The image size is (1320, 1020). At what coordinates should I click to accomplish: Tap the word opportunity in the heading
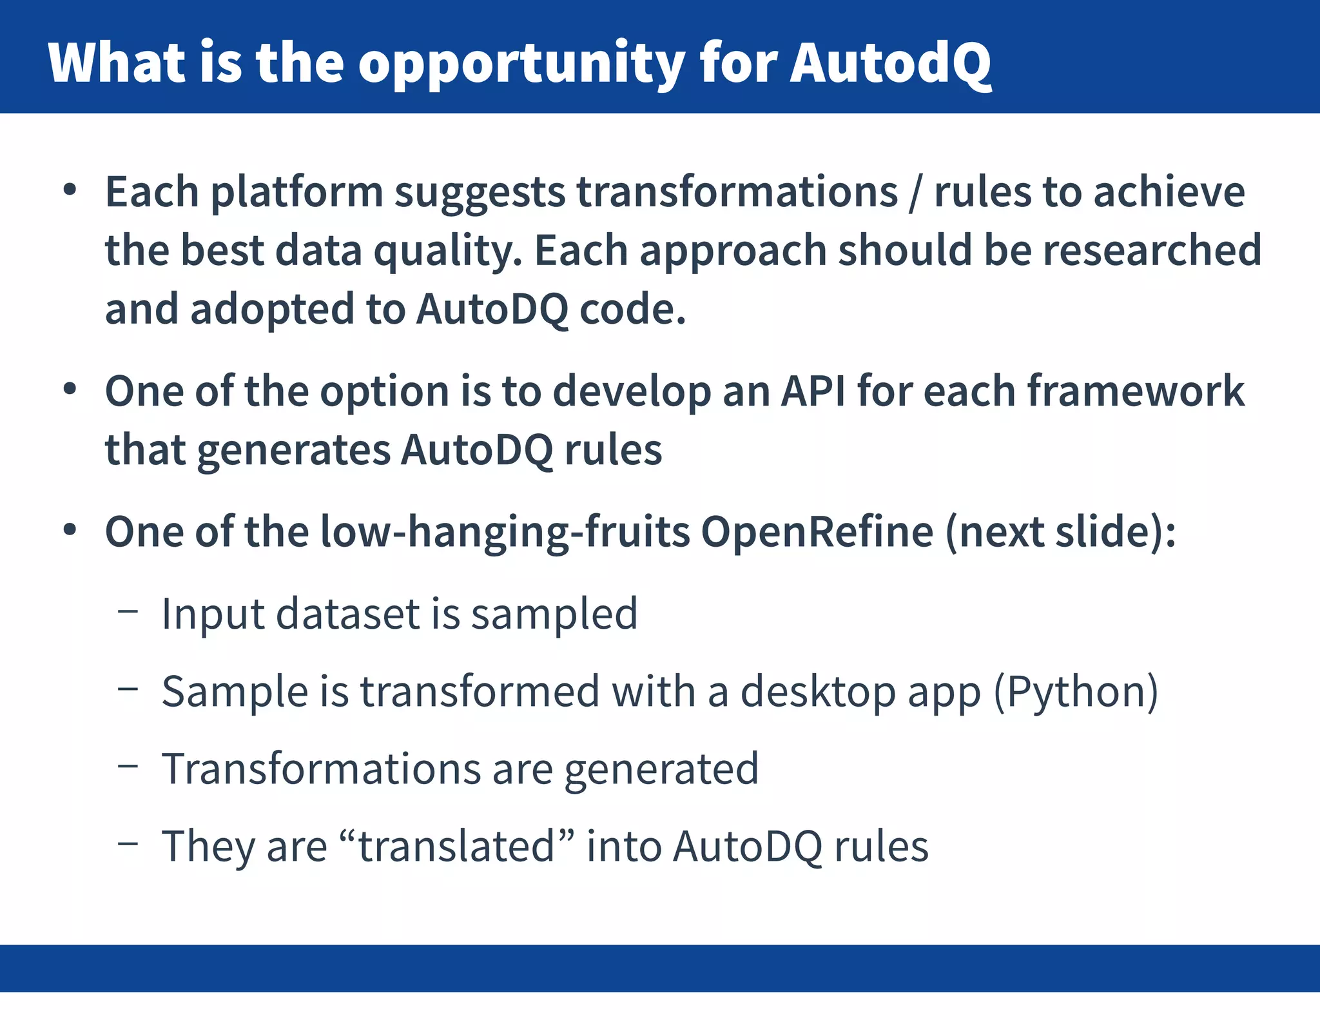point(521,64)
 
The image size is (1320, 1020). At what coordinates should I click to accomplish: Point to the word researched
point(1152,250)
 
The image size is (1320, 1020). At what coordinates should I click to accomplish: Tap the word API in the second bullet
point(813,391)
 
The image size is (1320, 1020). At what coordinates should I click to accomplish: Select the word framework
point(1135,391)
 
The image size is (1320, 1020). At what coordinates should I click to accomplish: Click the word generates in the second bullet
point(293,449)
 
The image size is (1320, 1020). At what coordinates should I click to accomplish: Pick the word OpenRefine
point(817,531)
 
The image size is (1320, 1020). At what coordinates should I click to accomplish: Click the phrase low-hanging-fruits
point(505,533)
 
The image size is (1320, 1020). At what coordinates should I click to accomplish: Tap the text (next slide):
point(1060,531)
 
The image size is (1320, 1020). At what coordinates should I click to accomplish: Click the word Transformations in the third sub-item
point(321,769)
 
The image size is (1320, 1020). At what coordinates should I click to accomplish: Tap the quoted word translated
point(456,846)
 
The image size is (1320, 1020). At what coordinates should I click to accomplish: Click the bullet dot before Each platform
point(70,191)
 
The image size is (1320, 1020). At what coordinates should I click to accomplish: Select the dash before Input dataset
point(128,611)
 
